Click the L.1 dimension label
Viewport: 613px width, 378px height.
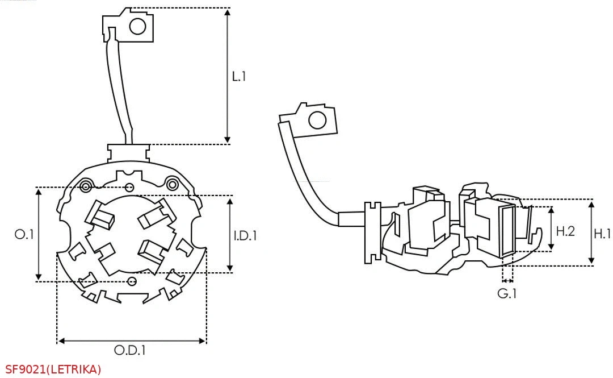tap(239, 76)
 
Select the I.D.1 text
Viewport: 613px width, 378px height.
tap(245, 234)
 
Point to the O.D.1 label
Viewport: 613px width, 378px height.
tap(130, 351)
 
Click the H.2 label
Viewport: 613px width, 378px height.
tap(565, 231)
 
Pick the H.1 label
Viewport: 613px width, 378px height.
tap(602, 232)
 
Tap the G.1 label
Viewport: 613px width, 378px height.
tap(507, 294)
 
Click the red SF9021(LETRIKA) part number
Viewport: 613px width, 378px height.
tap(53, 369)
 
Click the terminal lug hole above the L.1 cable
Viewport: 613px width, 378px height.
tap(138, 26)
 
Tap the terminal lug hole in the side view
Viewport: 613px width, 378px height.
tap(317, 121)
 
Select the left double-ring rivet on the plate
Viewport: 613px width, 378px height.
tap(86, 186)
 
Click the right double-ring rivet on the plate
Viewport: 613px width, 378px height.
tap(172, 183)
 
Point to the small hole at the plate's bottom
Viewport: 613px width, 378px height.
tap(132, 281)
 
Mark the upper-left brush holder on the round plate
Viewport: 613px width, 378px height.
tap(99, 216)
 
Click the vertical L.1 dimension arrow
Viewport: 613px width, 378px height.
tap(228, 76)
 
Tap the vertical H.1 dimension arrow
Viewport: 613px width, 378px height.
tap(591, 232)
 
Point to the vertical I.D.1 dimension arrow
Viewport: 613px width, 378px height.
tap(229, 234)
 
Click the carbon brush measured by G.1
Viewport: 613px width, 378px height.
tap(507, 230)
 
